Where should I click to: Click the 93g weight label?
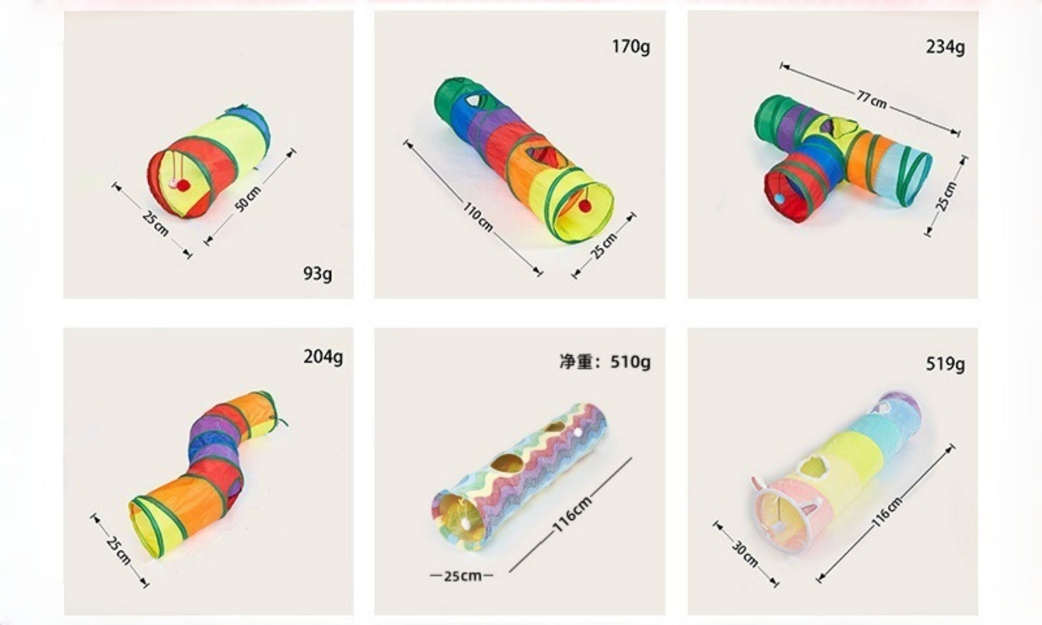pos(318,274)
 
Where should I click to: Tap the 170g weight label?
pos(631,47)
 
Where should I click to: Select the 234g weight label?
pos(945,47)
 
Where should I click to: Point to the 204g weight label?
pos(323,357)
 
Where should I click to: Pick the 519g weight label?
pos(945,364)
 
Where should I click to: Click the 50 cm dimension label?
pos(247,199)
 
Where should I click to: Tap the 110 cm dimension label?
pos(477,217)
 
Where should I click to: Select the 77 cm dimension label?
pos(872,100)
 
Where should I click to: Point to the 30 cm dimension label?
pos(745,554)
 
